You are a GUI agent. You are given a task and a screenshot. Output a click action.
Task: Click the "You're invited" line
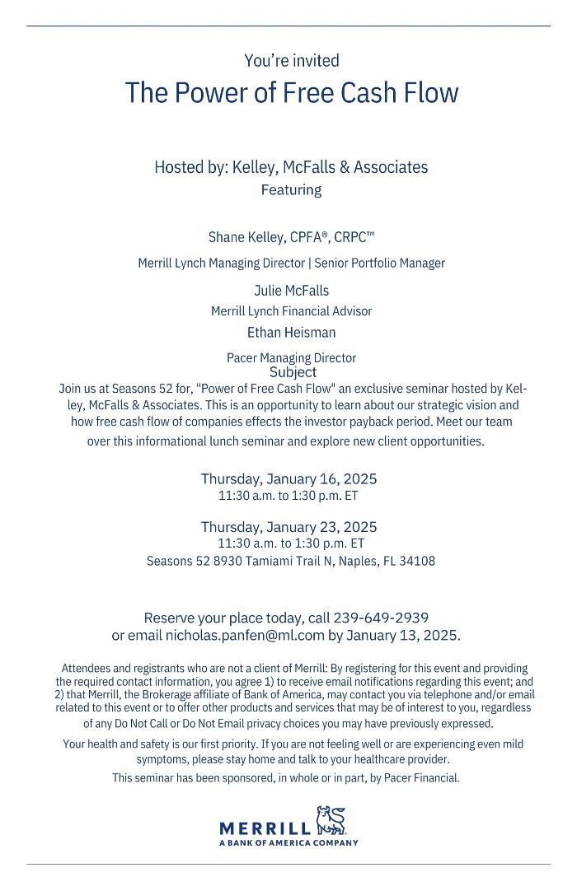[x=291, y=60]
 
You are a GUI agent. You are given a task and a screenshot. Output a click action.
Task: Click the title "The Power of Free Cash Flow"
[x=291, y=92]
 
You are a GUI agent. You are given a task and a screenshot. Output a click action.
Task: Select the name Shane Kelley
[x=246, y=237]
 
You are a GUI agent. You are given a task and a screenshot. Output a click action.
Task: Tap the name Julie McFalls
[x=291, y=291]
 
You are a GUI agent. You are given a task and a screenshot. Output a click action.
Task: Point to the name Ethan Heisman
[x=291, y=333]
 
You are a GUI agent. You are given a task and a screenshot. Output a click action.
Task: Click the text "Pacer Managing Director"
[x=291, y=358]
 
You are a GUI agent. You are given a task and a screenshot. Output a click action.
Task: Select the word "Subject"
[x=293, y=372]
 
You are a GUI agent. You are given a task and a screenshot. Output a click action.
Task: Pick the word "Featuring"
[x=291, y=190]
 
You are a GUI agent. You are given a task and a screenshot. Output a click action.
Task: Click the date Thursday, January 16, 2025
[x=288, y=479]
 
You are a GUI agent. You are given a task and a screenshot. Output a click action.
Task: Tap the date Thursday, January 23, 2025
[x=288, y=527]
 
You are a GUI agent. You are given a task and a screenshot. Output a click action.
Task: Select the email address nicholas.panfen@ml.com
[x=245, y=636]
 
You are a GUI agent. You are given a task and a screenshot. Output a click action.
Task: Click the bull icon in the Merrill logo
[x=331, y=821]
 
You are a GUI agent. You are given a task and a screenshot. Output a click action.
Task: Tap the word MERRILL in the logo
[x=265, y=828]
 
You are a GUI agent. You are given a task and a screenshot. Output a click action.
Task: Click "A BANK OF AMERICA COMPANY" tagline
[x=288, y=843]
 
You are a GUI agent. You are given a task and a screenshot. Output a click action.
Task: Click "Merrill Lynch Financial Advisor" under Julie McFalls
[x=291, y=311]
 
